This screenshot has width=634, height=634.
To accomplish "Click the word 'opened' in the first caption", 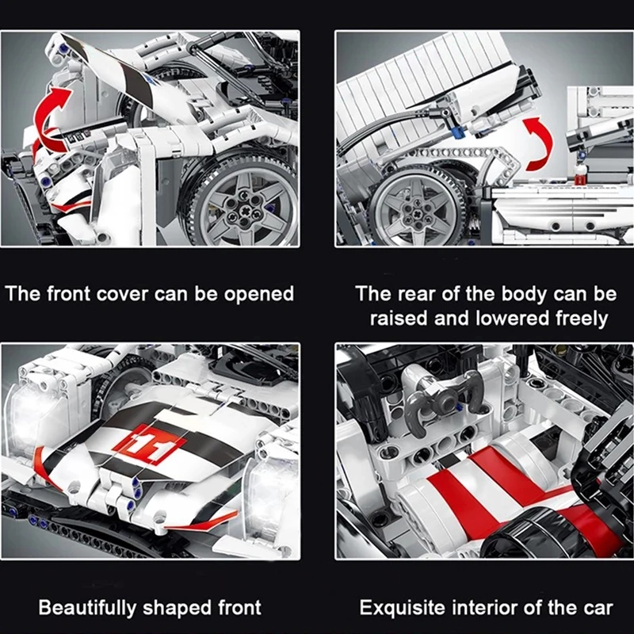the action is [x=259, y=295].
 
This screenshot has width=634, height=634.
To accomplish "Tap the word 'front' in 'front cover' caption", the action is [x=68, y=293].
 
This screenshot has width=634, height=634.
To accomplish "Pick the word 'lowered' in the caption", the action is [x=512, y=319].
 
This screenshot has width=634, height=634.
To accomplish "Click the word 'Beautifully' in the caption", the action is [x=87, y=609].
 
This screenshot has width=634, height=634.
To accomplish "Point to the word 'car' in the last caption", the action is [x=598, y=609].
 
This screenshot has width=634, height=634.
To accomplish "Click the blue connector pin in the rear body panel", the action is [x=457, y=132].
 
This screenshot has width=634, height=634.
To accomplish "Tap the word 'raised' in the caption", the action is [x=399, y=319].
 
